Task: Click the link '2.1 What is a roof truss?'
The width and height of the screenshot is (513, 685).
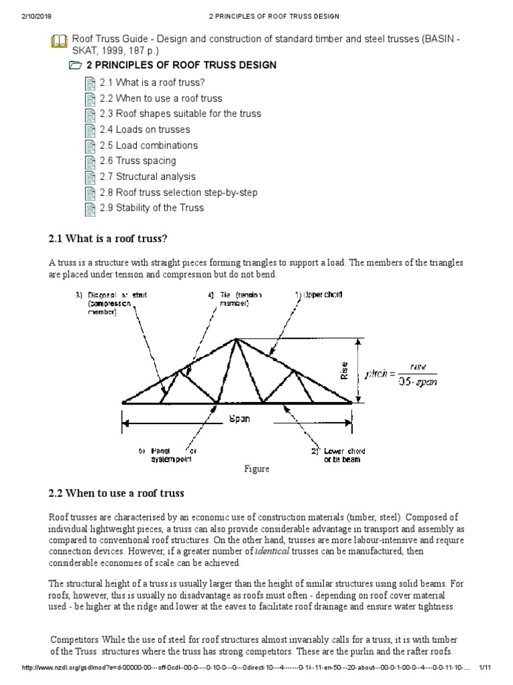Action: pyautogui.click(x=152, y=83)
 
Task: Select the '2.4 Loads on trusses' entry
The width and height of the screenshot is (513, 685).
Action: pyautogui.click(x=145, y=130)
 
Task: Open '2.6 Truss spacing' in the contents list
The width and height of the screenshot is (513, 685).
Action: pyautogui.click(x=138, y=161)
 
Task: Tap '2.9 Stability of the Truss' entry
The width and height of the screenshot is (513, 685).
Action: pyautogui.click(x=152, y=207)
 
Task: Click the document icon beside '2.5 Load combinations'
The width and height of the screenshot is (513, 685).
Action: pyautogui.click(x=91, y=146)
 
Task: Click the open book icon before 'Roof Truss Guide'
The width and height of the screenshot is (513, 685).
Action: pyautogui.click(x=59, y=41)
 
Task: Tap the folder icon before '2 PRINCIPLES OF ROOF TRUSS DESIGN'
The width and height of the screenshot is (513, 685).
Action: pyautogui.click(x=76, y=66)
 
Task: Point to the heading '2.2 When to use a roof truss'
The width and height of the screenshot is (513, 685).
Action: pyautogui.click(x=116, y=494)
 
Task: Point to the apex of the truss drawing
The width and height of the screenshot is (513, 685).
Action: pyautogui.click(x=236, y=339)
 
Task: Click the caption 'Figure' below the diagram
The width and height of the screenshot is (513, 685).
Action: pyautogui.click(x=256, y=469)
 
